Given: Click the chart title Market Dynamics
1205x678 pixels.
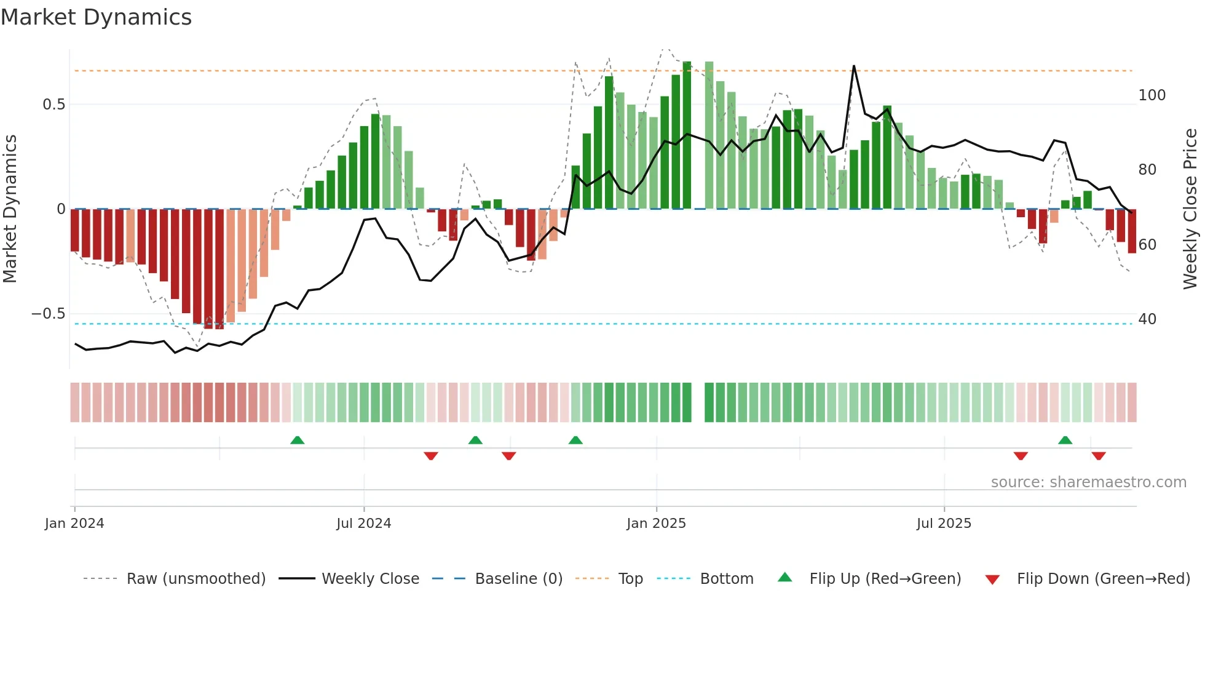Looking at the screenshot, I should point(97,17).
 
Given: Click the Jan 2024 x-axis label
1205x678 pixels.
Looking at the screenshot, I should point(74,524).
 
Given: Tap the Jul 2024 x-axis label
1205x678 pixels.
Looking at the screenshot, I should point(363,524).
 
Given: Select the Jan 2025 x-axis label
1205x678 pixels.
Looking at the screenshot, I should point(656,524).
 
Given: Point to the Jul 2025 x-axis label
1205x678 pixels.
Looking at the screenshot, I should point(944,524).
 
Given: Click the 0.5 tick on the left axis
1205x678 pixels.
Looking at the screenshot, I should point(53,105).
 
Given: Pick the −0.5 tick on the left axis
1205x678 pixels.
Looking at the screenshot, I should point(49,314).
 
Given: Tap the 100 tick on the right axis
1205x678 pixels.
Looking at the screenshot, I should point(1152,95).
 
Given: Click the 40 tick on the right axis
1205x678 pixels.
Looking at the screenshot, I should point(1147,319).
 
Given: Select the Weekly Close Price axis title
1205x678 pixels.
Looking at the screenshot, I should point(1190,209).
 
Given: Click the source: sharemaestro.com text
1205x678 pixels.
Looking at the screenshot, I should point(1088,482).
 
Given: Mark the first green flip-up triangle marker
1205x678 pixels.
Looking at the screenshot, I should point(297,440).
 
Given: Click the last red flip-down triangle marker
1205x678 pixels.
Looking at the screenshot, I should point(1099,456).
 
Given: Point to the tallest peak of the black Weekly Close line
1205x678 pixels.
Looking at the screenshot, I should point(854,66).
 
